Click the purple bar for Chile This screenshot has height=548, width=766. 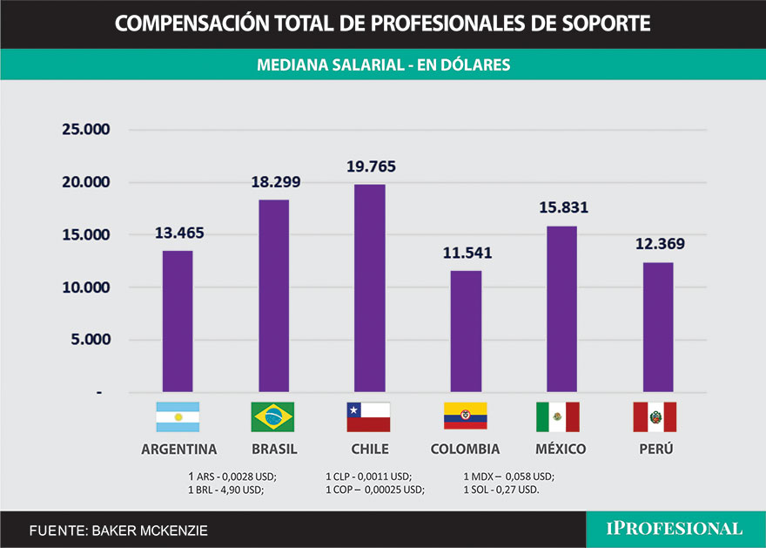coord(370,288)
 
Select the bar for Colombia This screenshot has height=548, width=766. coord(466,331)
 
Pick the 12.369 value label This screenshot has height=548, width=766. coord(657,244)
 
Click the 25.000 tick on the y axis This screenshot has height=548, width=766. coord(84,130)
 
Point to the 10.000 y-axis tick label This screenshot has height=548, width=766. coord(84,288)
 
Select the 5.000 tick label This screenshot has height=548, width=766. coord(90,340)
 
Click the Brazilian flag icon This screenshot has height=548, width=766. coord(272,417)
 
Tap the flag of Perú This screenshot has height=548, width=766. coord(655,417)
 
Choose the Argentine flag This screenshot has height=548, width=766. coord(178,417)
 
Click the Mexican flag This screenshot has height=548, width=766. coord(558,417)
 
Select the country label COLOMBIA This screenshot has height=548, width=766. coord(465,450)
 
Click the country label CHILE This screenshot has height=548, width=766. coord(368,450)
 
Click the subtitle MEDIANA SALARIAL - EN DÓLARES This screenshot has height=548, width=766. coord(383,64)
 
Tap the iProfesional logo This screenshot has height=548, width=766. coord(675,529)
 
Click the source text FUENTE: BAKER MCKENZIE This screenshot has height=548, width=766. coord(118,530)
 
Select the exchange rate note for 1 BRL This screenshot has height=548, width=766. coord(225,490)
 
